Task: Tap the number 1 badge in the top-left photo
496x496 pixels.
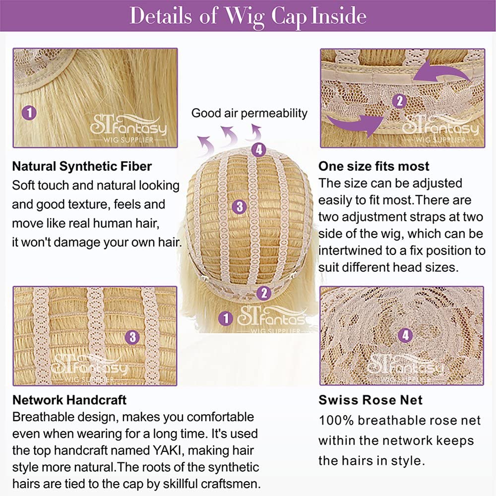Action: [29, 113]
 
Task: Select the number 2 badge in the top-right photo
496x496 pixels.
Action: [399, 101]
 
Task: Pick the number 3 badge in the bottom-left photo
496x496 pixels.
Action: [132, 337]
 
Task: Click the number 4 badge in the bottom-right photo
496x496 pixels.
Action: [406, 335]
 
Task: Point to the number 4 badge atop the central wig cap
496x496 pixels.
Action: [259, 150]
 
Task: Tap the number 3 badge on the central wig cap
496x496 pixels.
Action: [240, 206]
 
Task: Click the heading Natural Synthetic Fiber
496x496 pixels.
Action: [82, 166]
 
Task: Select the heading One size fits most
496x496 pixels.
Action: [374, 166]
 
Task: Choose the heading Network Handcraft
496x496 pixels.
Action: [69, 400]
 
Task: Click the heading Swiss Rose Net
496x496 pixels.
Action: [371, 400]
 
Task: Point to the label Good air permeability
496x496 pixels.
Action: [249, 113]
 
